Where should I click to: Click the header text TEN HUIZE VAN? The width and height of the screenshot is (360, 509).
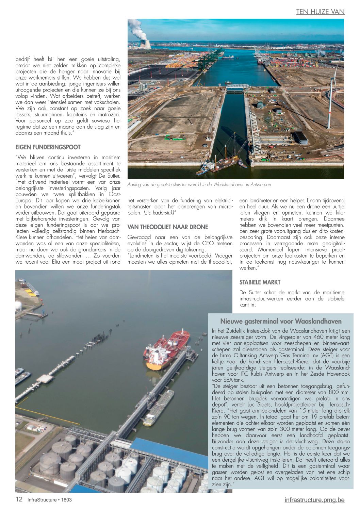pos(320,12)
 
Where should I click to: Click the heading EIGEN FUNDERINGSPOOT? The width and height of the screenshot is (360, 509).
pos(48,147)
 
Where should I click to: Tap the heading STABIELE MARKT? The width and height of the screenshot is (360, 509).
pos(260,282)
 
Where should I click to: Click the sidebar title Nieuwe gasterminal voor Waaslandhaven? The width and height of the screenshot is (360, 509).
pos(281,321)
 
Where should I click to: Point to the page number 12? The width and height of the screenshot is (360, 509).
pos(19,499)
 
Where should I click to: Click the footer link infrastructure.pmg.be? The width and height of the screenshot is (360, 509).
pos(314,500)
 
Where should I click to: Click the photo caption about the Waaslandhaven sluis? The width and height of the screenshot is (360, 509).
pos(199,184)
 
